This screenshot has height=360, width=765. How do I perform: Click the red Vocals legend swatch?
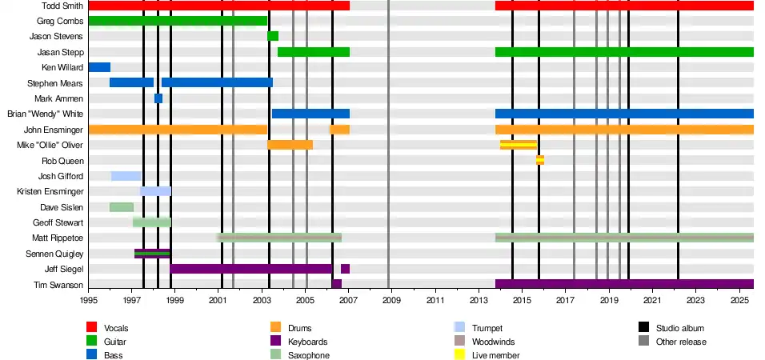click(x=91, y=328)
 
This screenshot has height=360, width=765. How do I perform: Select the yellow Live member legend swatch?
click(x=459, y=354)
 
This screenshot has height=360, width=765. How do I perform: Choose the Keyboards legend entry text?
click(x=308, y=342)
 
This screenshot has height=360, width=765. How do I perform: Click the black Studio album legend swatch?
click(x=643, y=328)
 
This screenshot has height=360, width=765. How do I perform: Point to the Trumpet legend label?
click(x=487, y=328)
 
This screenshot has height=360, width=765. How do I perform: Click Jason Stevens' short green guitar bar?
click(x=273, y=36)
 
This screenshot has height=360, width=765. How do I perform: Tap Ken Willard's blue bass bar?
click(x=99, y=67)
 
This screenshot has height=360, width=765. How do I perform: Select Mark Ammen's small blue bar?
click(x=158, y=98)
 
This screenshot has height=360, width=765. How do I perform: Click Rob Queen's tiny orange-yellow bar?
click(x=540, y=160)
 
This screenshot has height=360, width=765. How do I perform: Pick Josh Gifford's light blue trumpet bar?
click(x=126, y=176)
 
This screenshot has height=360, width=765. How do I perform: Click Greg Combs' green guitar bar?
click(x=178, y=21)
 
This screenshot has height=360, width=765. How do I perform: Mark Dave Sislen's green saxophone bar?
click(x=121, y=207)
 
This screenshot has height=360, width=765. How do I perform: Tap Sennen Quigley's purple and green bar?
click(x=152, y=254)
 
